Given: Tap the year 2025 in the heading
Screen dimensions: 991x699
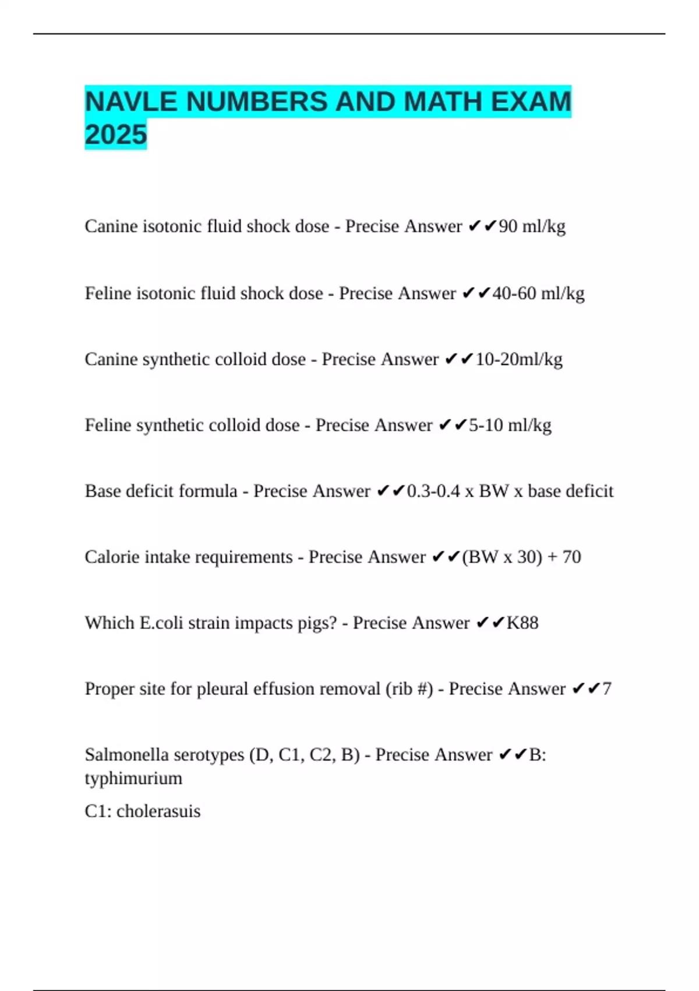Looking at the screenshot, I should [x=116, y=135].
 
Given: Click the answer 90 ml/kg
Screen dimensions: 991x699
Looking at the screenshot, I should [x=532, y=226].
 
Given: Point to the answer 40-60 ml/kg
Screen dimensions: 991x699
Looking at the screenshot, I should [x=538, y=293].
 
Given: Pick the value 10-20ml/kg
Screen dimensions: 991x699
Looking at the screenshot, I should [x=519, y=359].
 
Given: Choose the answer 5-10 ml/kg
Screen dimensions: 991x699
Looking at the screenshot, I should [x=510, y=425].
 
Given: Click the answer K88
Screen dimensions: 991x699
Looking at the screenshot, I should [x=523, y=623].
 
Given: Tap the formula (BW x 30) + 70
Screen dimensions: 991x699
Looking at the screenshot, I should [x=521, y=557].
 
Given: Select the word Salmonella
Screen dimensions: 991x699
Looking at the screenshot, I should [x=127, y=754].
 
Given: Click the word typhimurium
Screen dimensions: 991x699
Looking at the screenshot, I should [x=133, y=778].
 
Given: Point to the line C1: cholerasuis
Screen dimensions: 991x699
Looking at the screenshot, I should [x=143, y=811].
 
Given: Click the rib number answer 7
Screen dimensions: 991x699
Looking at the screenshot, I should [x=607, y=688].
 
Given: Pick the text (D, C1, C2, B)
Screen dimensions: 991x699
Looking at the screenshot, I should [x=305, y=754].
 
